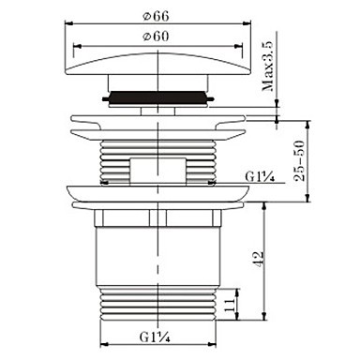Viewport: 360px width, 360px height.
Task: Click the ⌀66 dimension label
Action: (156, 16)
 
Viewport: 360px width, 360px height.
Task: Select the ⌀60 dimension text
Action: (156, 37)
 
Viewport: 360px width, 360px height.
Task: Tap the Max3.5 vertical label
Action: (267, 66)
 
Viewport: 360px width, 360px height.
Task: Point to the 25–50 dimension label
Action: (299, 160)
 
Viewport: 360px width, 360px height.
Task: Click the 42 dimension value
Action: (259, 259)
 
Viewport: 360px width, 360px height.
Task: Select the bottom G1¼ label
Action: (155, 337)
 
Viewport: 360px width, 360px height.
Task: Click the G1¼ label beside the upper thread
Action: (260, 177)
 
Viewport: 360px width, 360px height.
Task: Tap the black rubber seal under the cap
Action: (158, 97)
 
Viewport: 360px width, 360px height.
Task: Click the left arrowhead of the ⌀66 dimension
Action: (68, 22)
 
